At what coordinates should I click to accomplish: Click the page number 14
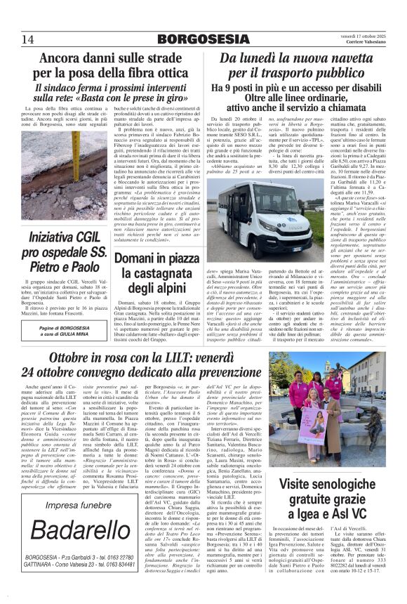28,38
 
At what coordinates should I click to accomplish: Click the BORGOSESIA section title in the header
203,39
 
